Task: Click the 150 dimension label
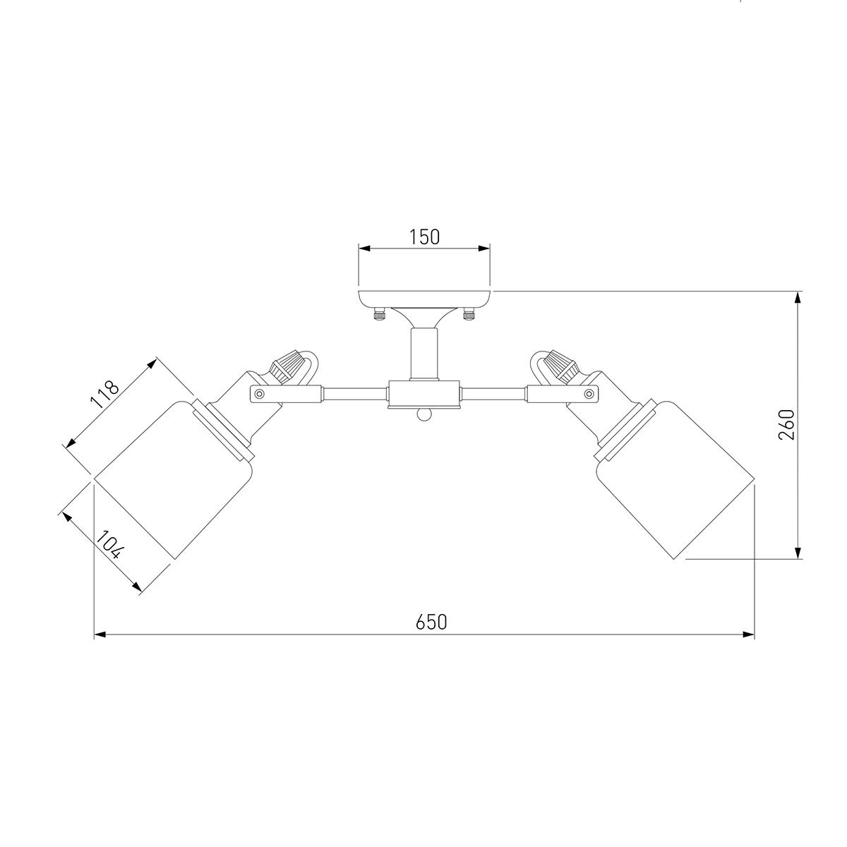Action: pos(424,237)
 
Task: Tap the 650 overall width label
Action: pos(431,622)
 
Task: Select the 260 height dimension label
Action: pos(786,425)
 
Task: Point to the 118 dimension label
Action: pos(104,395)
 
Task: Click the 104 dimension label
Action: pos(109,545)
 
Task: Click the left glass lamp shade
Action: pos(174,480)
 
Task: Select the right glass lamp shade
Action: pos(675,480)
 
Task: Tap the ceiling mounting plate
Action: pos(424,299)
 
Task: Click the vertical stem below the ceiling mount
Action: pos(424,354)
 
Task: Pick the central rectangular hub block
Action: pos(424,394)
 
